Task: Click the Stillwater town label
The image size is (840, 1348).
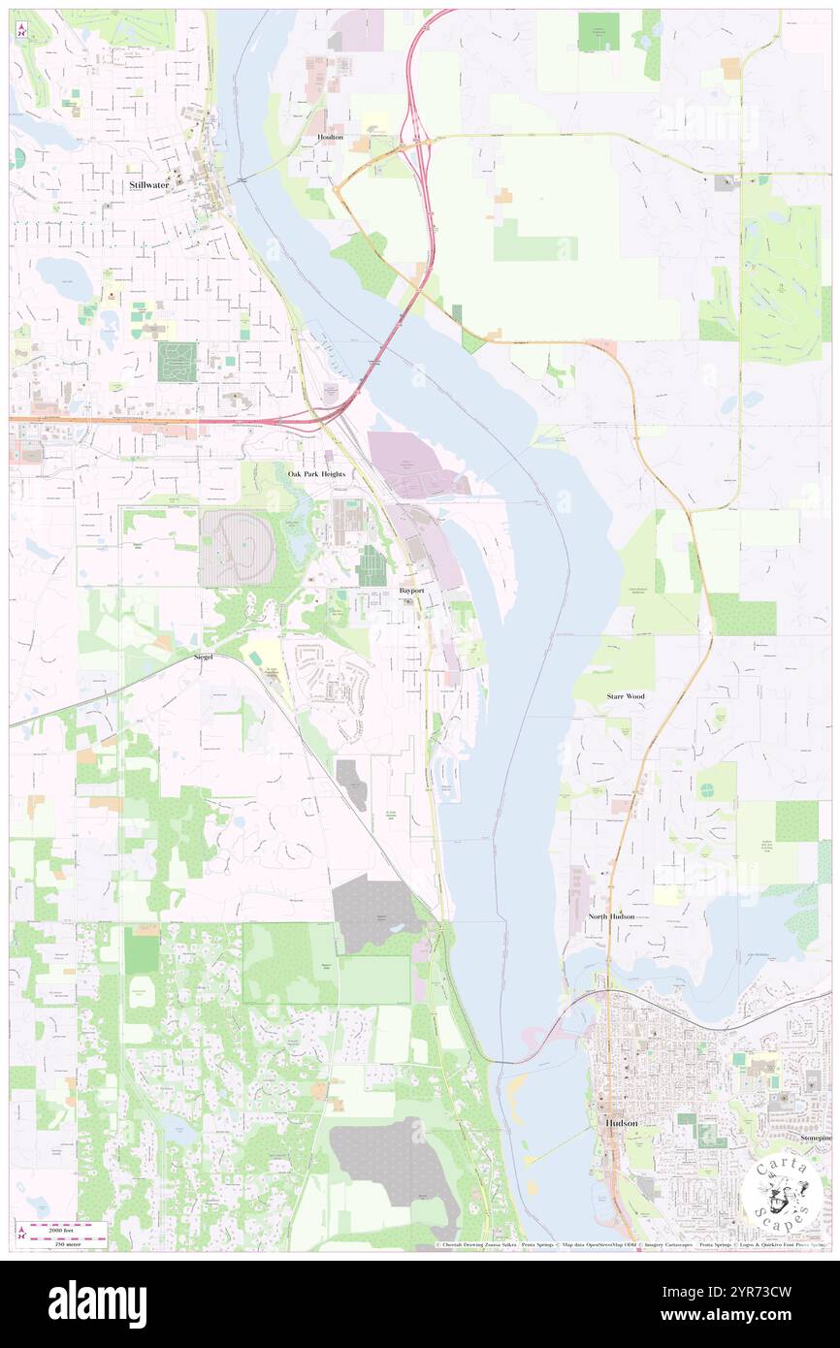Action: [x=150, y=183]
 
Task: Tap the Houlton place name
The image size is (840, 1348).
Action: [x=330, y=138]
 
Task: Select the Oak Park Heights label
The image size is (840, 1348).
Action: [x=317, y=473]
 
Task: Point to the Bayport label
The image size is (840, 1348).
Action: [x=411, y=590]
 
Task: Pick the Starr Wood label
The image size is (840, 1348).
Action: [x=625, y=696]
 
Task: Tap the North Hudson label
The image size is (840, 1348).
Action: [x=611, y=916]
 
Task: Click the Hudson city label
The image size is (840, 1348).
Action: [x=621, y=1122]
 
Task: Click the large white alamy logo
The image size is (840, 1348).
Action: [x=97, y=1303]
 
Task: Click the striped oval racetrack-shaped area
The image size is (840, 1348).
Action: [x=238, y=548]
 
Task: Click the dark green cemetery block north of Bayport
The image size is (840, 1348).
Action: [x=372, y=565]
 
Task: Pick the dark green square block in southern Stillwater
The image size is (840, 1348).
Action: [x=177, y=361]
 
